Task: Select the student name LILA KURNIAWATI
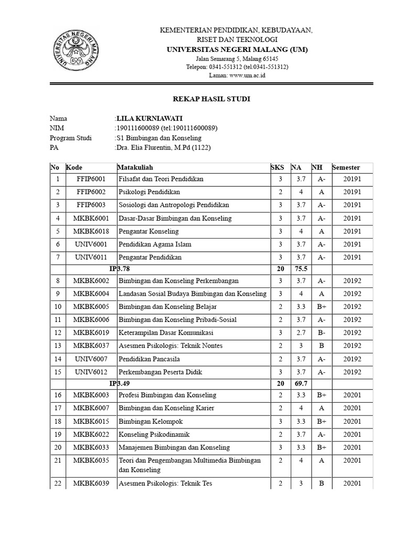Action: coord(150,118)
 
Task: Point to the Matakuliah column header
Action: coord(135,168)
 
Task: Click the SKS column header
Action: coord(277,168)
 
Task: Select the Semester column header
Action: coord(346,168)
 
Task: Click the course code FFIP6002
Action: coord(91,192)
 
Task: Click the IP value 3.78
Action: coord(123,269)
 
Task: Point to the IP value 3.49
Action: coord(123,383)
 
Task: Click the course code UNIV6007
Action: coord(91,359)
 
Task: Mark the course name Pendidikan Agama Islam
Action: coord(155,244)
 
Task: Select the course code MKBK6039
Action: coord(91,483)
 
